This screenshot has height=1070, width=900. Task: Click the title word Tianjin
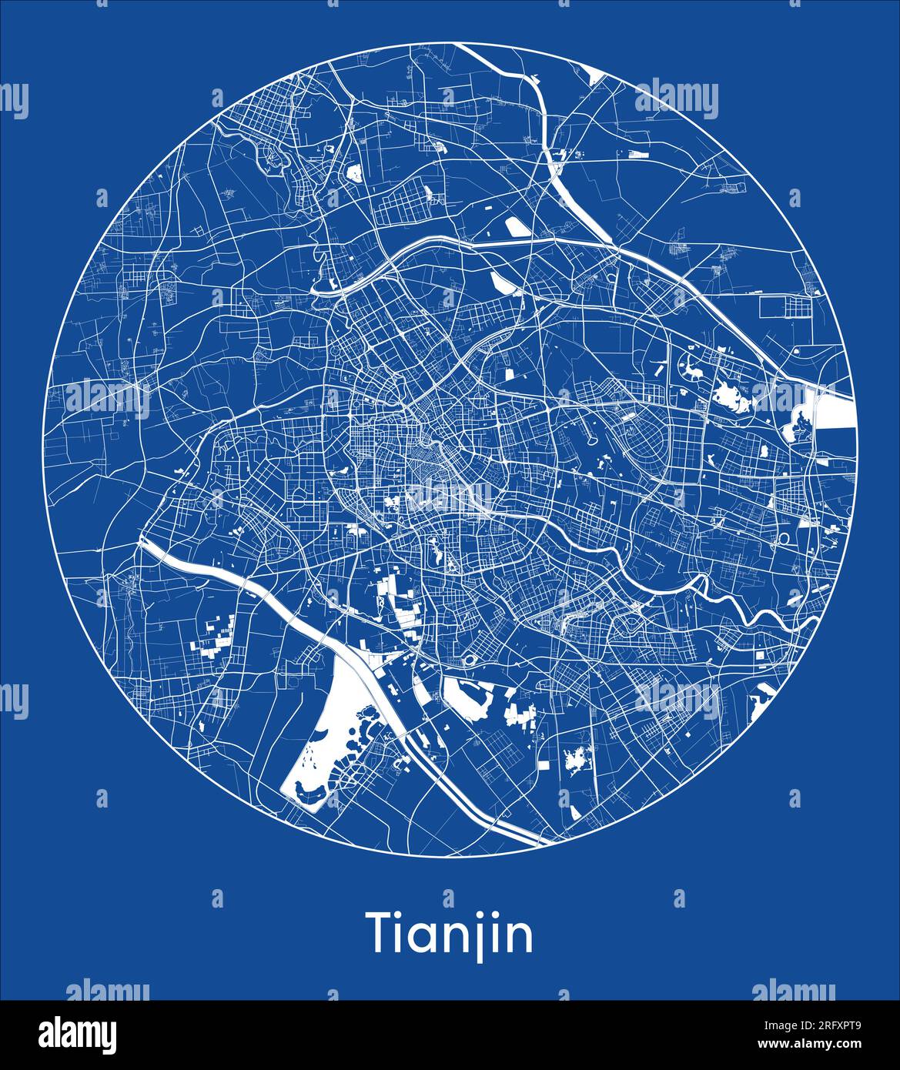click(x=450, y=934)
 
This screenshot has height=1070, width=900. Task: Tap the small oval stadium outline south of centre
click(x=468, y=661)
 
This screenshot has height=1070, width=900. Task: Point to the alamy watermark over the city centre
click(x=450, y=497)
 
